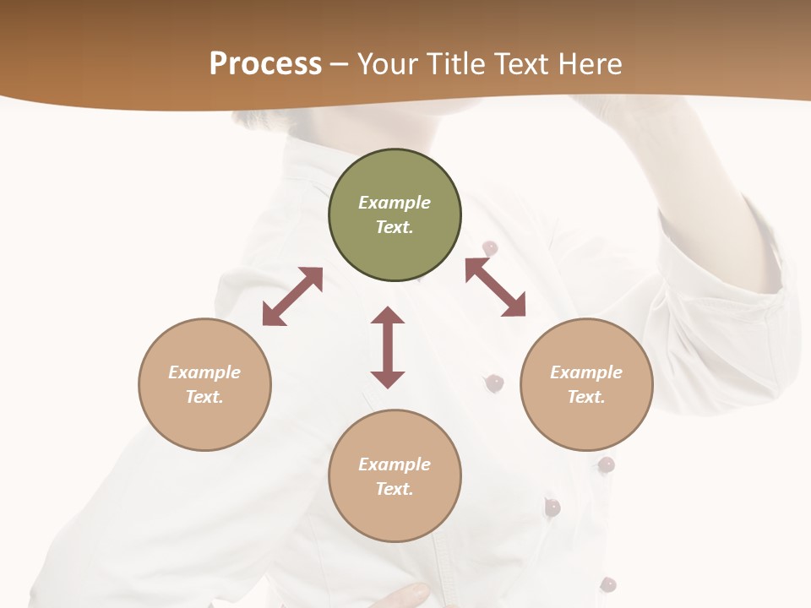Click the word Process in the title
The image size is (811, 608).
265,64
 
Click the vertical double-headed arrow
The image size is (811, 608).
388,347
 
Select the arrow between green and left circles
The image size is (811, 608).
292,296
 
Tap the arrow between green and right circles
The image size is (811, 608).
496,287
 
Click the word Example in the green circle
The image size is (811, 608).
395,203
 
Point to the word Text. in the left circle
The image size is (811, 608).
204,397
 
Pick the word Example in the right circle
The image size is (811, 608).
586,372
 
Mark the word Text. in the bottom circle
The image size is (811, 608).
395,489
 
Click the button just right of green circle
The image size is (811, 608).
490,247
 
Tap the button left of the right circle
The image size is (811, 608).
495,383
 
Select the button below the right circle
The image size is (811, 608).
606,464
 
